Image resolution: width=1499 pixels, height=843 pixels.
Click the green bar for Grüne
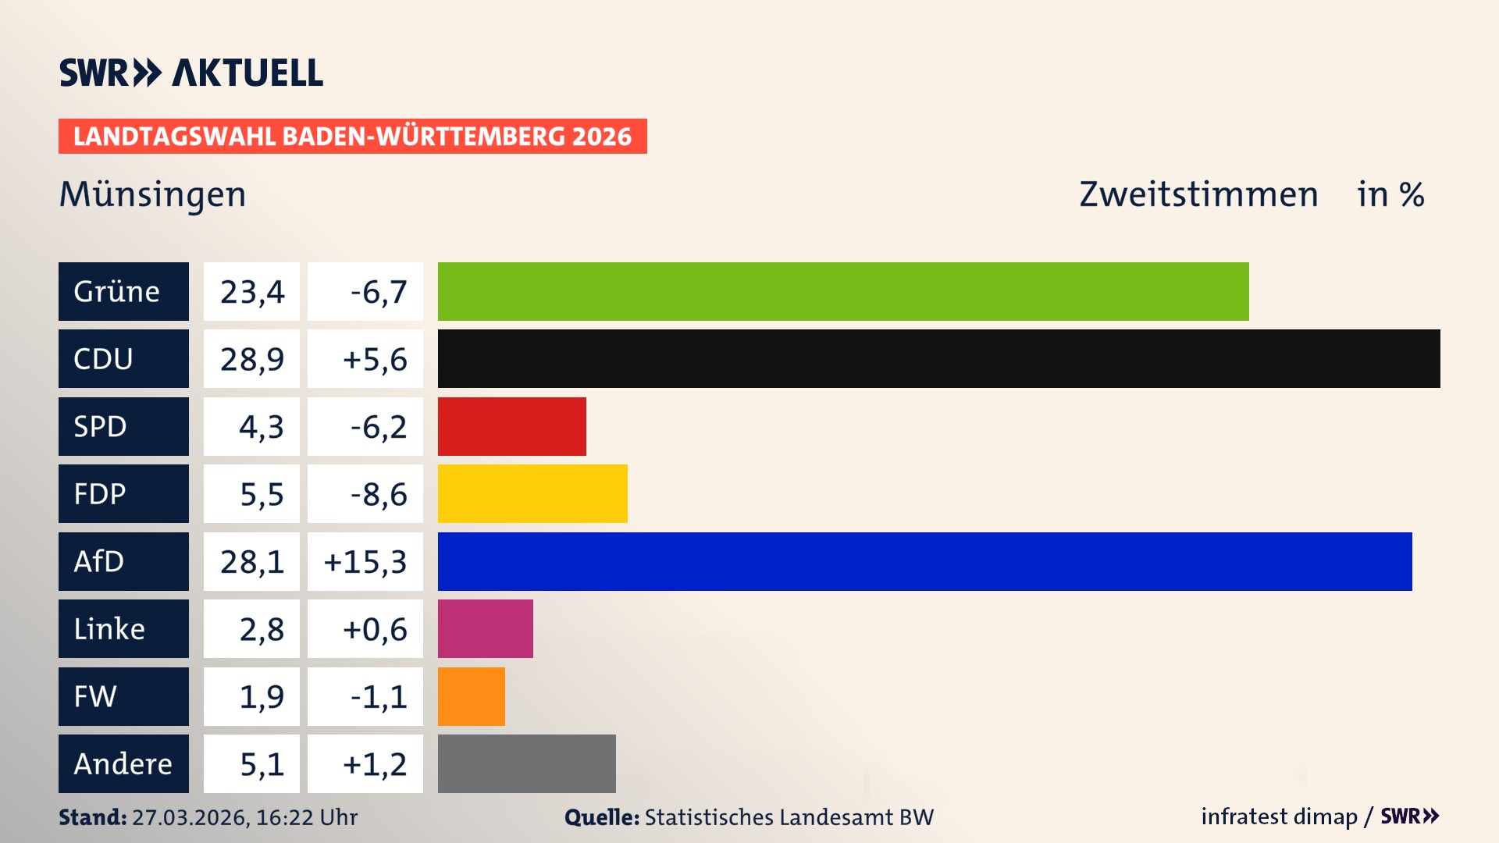843,291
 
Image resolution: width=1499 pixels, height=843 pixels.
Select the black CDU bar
938,358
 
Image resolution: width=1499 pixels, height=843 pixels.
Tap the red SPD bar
511,426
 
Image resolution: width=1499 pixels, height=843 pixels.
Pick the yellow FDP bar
532,493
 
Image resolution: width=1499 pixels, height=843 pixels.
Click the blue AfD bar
924,561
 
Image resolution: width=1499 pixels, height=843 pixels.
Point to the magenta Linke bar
485,628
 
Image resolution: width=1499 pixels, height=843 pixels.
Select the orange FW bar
471,696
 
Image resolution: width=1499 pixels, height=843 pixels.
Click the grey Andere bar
526,763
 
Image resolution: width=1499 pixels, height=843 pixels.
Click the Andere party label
123,763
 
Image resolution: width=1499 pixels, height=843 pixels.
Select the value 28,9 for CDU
251,359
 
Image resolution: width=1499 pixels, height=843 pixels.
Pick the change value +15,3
365,562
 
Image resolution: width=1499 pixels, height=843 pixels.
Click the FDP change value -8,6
379,494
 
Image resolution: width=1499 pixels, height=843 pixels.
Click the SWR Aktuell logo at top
190,73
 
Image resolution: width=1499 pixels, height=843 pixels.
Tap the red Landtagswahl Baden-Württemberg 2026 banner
352,137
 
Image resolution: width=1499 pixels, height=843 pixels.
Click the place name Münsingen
153,194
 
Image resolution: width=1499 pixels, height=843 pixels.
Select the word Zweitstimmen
1198,194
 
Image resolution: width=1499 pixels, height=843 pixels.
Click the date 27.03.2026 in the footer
190,817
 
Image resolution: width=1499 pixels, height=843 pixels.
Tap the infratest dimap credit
1279,816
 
